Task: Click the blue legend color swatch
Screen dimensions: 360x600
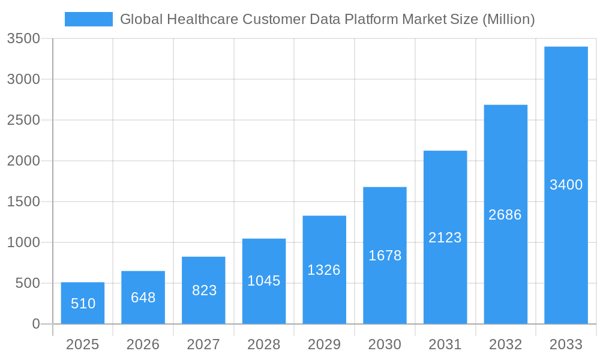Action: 88,19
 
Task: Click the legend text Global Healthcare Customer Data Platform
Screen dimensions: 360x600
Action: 327,19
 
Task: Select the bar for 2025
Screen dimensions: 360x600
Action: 83,303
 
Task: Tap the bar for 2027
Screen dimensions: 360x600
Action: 203,290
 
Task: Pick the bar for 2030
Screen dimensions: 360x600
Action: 385,256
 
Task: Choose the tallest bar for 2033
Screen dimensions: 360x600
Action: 566,185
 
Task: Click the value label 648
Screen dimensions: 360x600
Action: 143,298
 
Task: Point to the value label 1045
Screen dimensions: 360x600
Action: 264,281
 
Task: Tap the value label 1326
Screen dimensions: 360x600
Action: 324,270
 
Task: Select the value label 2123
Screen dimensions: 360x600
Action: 445,238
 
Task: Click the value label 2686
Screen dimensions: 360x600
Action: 505,215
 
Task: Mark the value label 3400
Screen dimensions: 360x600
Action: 566,185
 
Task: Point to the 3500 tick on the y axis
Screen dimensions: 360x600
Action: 23,39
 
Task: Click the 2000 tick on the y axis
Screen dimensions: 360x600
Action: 23,161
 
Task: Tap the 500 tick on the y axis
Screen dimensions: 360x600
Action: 28,283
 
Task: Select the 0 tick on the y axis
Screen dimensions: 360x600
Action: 35,324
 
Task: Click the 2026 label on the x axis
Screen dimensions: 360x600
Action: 143,344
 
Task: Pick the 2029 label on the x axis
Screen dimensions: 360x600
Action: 324,344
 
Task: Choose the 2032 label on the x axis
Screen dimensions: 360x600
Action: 505,344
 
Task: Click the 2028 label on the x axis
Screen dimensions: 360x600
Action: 264,344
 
